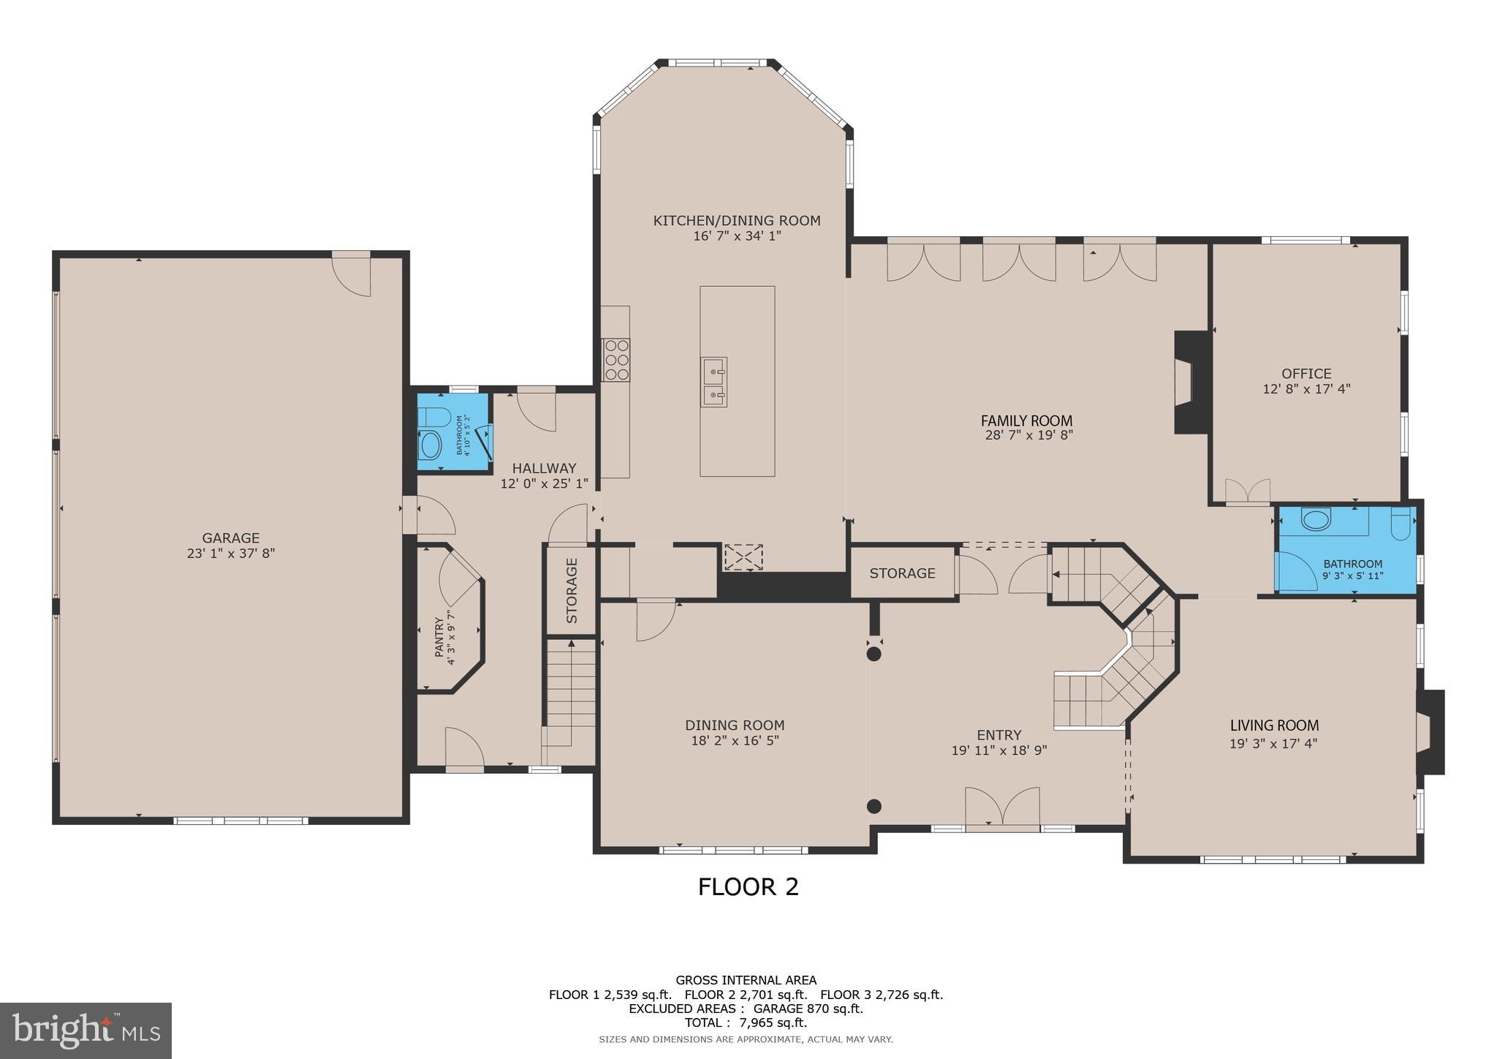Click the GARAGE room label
(230, 538)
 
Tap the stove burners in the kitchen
(615, 359)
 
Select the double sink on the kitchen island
(713, 382)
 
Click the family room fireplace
(1189, 382)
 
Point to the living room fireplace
(1430, 732)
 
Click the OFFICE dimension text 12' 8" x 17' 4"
(1306, 389)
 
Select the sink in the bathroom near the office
(1316, 521)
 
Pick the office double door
(1247, 491)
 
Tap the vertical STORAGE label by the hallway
(572, 591)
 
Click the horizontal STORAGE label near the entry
(902, 573)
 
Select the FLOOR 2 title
(748, 886)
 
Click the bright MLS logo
(86, 1030)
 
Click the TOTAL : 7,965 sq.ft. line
(746, 1022)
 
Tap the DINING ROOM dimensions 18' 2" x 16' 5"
(735, 740)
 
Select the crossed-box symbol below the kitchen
(743, 557)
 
